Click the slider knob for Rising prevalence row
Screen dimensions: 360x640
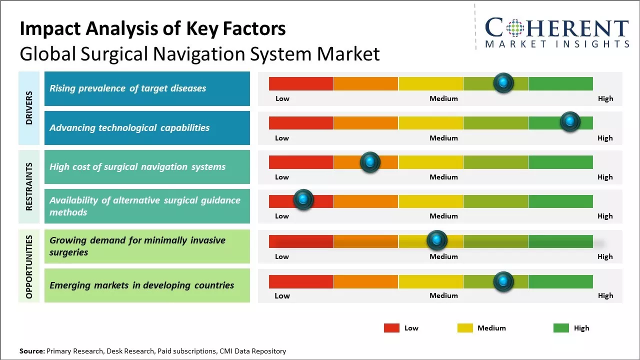(x=503, y=83)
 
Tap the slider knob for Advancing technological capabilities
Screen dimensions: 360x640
(x=569, y=122)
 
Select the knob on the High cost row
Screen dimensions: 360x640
(x=370, y=162)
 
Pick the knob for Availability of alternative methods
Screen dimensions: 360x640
(x=303, y=200)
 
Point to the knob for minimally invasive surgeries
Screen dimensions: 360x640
(x=437, y=240)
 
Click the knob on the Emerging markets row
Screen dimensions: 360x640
(x=503, y=282)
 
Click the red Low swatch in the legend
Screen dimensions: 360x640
(x=391, y=328)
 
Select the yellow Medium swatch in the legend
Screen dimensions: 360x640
(x=465, y=328)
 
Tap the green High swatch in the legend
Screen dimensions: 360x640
(x=561, y=328)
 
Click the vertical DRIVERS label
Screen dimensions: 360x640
(x=29, y=108)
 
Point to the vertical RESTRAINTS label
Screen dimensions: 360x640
(x=29, y=186)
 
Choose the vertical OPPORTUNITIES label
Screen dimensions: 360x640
(x=29, y=267)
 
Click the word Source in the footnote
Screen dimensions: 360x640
(x=32, y=351)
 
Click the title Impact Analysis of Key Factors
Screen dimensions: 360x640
(x=152, y=29)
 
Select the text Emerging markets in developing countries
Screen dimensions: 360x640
(x=141, y=285)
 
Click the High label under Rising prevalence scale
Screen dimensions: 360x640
(x=605, y=98)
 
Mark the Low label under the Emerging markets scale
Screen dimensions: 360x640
(x=282, y=295)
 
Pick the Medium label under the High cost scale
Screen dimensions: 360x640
(x=443, y=177)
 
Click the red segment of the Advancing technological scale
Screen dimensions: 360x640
(x=301, y=122)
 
